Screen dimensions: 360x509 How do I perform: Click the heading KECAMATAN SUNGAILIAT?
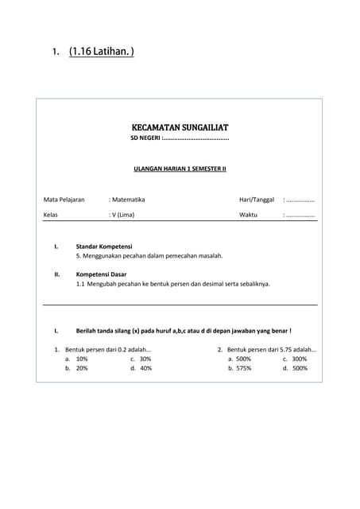click(180, 127)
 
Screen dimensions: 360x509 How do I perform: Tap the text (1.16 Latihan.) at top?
click(101, 52)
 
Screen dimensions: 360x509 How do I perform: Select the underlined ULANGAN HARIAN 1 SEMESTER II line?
click(180, 169)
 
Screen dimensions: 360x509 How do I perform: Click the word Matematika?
click(129, 200)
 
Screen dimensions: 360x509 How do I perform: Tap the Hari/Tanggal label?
click(257, 200)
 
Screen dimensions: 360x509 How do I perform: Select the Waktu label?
click(249, 215)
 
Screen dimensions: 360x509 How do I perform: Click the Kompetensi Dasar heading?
click(101, 274)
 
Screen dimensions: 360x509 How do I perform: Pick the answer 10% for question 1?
click(82, 359)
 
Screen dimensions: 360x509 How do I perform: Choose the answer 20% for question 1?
click(82, 368)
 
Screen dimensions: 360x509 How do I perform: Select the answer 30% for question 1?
click(145, 359)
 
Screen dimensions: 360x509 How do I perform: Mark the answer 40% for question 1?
click(145, 368)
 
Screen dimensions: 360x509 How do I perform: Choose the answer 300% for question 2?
click(300, 359)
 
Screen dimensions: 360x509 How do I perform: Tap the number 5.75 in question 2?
click(285, 349)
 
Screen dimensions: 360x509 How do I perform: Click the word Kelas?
click(51, 215)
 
